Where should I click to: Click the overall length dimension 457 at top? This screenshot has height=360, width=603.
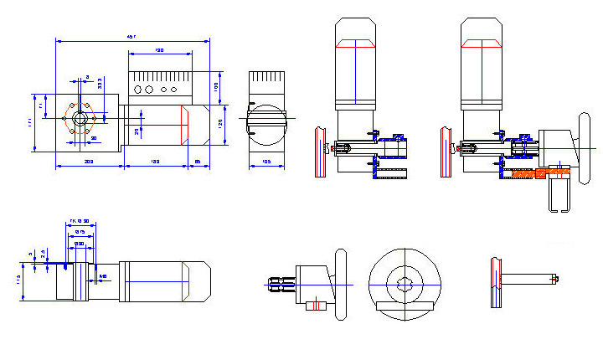(131, 37)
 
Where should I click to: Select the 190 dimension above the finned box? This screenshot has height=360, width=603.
(159, 51)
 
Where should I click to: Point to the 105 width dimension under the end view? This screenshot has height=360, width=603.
(266, 160)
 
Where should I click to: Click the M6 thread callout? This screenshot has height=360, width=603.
(103, 275)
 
